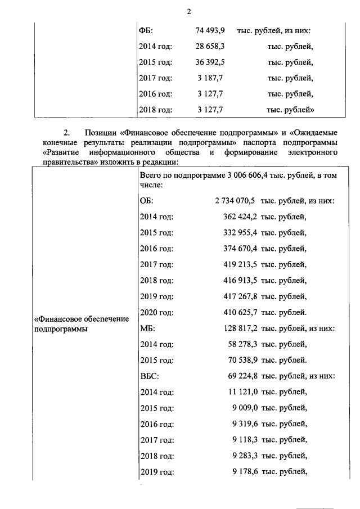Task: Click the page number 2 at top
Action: pos(189,12)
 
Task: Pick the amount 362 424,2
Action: pos(240,216)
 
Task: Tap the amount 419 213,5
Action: pos(240,263)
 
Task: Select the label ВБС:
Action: pos(148,375)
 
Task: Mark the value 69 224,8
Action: pos(242,375)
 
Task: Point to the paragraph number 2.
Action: pos(66,133)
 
